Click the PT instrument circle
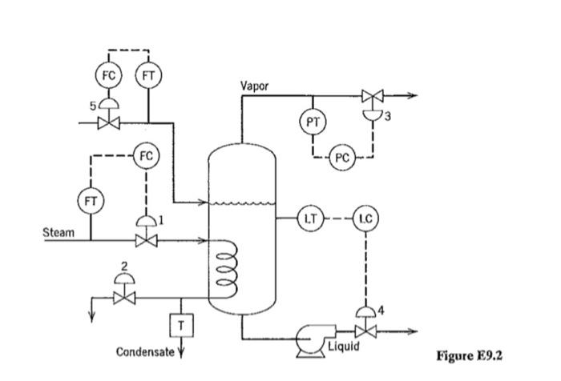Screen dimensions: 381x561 point(313,122)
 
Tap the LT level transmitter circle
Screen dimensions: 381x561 point(309,217)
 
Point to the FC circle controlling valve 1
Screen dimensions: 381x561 point(146,155)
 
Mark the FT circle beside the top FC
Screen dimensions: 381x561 point(149,75)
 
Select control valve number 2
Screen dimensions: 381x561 point(123,297)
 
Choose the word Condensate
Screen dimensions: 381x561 point(144,352)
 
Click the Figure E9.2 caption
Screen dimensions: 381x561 point(474,355)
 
